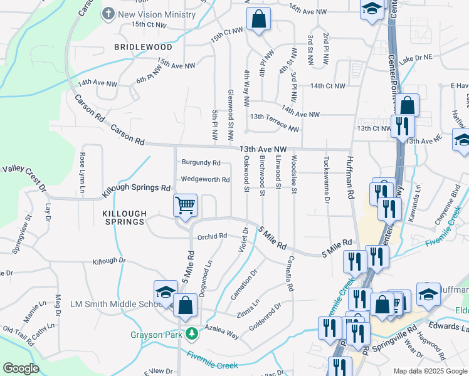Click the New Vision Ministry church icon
pos(109,13)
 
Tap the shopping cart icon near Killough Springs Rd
pos(186,205)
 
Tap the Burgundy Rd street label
pos(201,162)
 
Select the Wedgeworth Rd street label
pos(205,180)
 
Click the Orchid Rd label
pos(211,236)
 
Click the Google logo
pos(21,368)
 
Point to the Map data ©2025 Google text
pos(429,371)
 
